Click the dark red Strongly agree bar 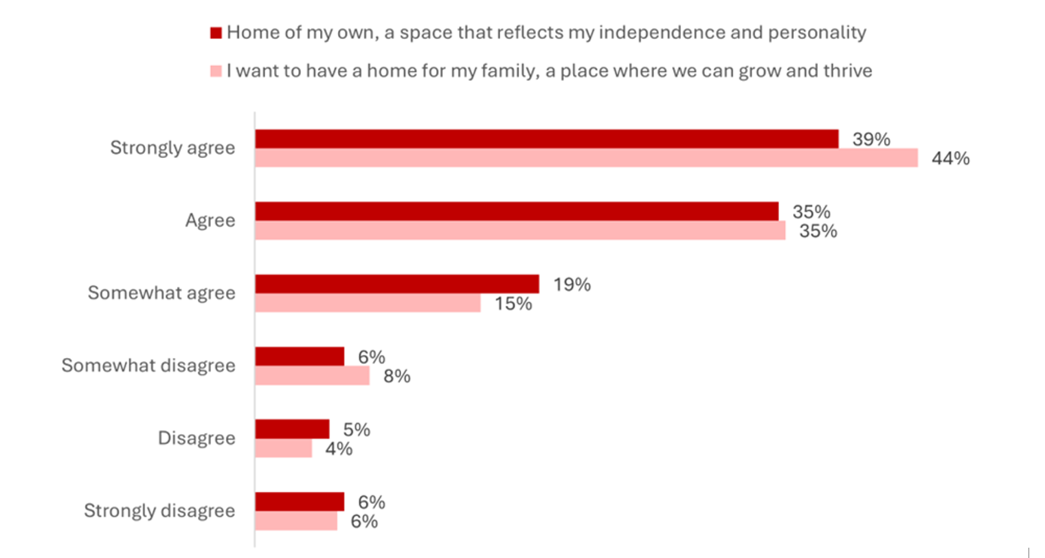point(546,139)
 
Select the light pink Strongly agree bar point(586,158)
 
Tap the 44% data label point(950,159)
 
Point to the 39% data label point(871,139)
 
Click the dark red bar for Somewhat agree point(396,284)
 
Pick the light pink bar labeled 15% point(368,303)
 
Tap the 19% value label point(572,284)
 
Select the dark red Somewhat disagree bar point(299,356)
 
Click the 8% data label point(396,376)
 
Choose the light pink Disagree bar point(283,449)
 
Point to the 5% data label point(357,429)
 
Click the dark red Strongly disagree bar point(299,502)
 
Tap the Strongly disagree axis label point(159,511)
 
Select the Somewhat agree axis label point(161,293)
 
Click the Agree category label point(210,220)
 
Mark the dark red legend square point(216,33)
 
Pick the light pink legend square point(216,71)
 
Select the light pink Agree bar point(520,231)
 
